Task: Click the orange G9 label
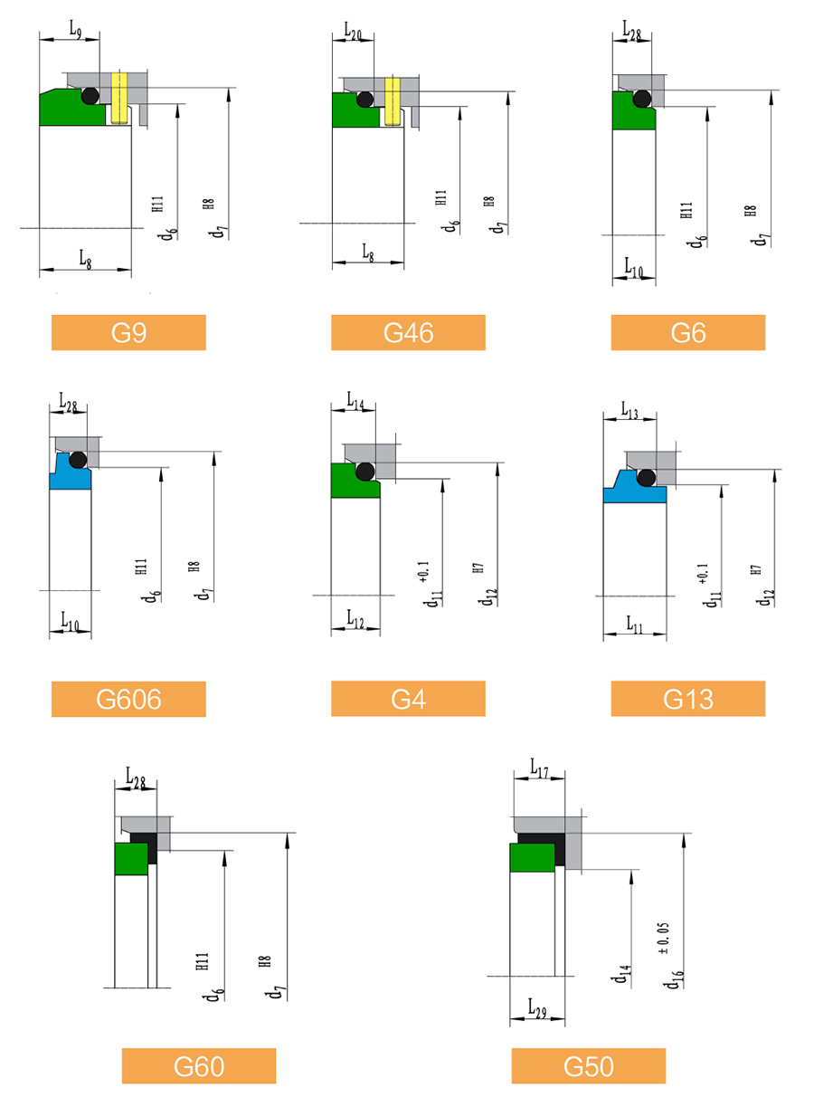pos(128,332)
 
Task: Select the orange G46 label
pos(408,332)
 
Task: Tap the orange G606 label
pos(128,699)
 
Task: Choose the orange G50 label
pos(589,1066)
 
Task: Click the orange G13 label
pos(688,699)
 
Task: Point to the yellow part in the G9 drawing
pos(119,98)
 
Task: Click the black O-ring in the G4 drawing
pos(365,472)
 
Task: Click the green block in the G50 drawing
pos(532,858)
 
